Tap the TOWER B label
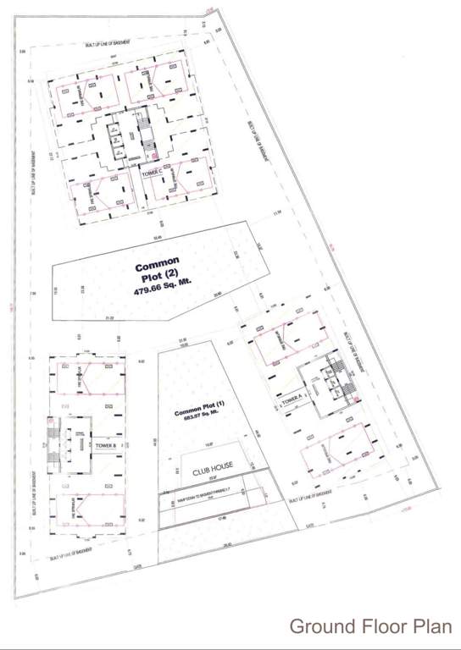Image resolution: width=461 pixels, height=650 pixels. (106, 444)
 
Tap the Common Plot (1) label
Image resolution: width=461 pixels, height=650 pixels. (197, 412)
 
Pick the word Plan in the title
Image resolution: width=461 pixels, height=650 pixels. (427, 627)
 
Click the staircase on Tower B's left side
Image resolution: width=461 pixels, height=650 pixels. (53, 443)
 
